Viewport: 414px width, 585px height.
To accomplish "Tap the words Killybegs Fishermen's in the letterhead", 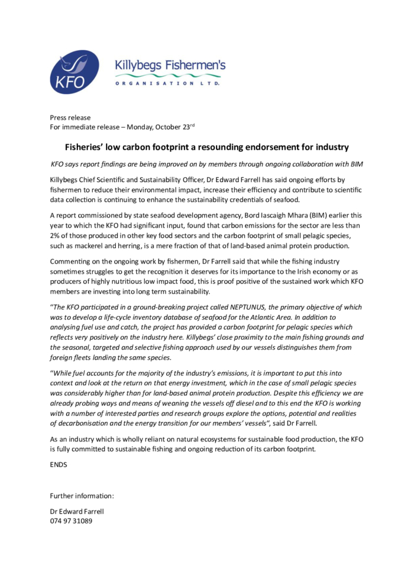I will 170,66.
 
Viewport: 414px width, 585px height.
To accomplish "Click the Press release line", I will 70,118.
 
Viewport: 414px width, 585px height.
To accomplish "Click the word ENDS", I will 59,464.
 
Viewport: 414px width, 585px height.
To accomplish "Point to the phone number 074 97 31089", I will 70,521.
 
